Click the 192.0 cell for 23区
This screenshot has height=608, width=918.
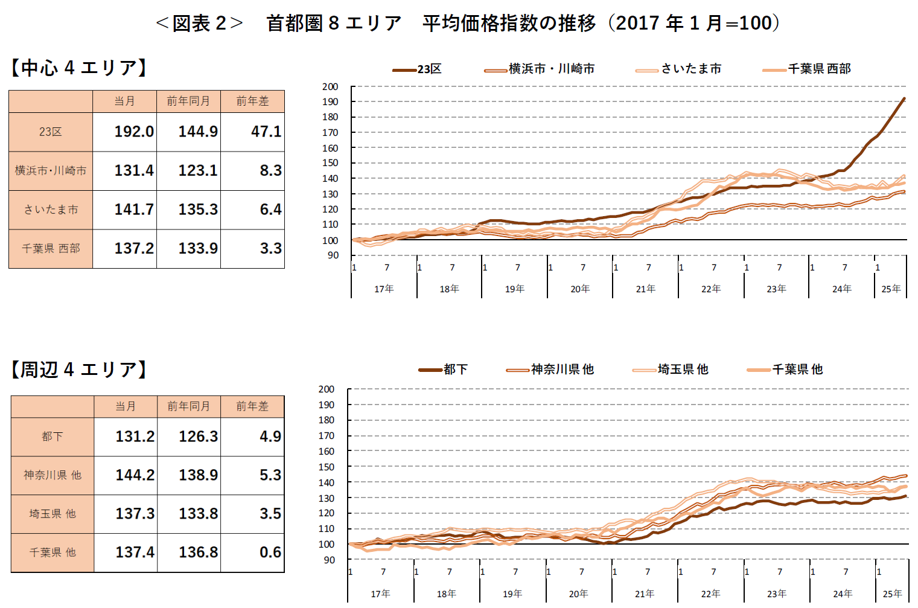(x=134, y=132)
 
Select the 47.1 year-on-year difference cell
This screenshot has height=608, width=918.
(x=266, y=132)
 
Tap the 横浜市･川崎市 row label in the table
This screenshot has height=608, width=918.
(x=51, y=171)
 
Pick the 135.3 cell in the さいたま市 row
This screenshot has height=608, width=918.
(x=198, y=210)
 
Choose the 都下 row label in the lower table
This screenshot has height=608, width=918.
(x=53, y=437)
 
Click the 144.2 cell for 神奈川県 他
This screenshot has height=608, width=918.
(x=135, y=475)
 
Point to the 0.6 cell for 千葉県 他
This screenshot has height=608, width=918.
(x=270, y=552)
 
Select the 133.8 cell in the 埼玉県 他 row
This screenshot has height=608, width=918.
(x=199, y=514)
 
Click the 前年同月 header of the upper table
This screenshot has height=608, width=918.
(x=188, y=101)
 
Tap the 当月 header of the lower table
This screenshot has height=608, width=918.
(x=126, y=406)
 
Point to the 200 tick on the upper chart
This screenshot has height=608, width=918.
(x=330, y=87)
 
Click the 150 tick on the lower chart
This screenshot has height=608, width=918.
(x=327, y=467)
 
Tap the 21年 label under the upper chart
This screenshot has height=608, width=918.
(x=645, y=289)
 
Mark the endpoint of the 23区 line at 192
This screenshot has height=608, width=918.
(x=904, y=98)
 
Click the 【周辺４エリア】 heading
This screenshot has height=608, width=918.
(x=79, y=370)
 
